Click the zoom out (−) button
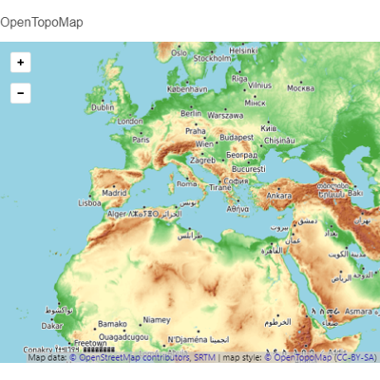pos(21,93)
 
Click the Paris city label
pos(141,139)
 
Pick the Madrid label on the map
pos(114,192)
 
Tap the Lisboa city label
pos(89,202)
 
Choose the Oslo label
pos(179,53)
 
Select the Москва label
pos(300,88)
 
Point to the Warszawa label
pos(225,115)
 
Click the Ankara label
pos(278,196)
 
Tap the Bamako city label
pos(111,324)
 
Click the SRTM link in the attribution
pos(205,358)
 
